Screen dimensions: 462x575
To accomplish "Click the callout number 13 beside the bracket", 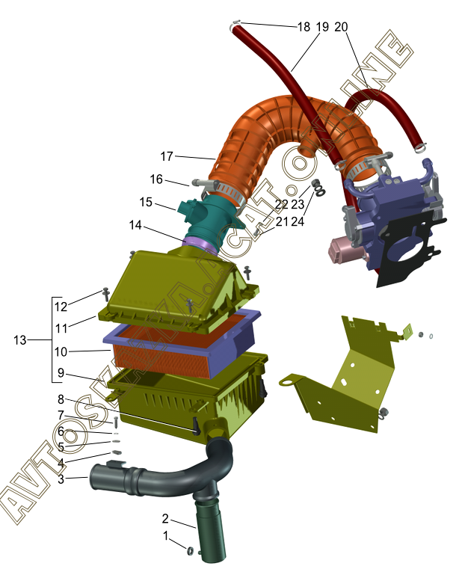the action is point(20,340).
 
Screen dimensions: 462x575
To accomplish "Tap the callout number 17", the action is point(167,156).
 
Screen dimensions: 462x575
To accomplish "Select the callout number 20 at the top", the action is point(341,27).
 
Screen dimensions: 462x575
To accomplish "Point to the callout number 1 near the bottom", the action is point(165,536).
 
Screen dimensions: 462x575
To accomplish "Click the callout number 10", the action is point(61,351).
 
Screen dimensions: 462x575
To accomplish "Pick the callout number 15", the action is point(146,202).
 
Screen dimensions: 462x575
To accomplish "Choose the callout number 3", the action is point(61,479).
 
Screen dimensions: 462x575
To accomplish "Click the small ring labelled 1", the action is point(191,550).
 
